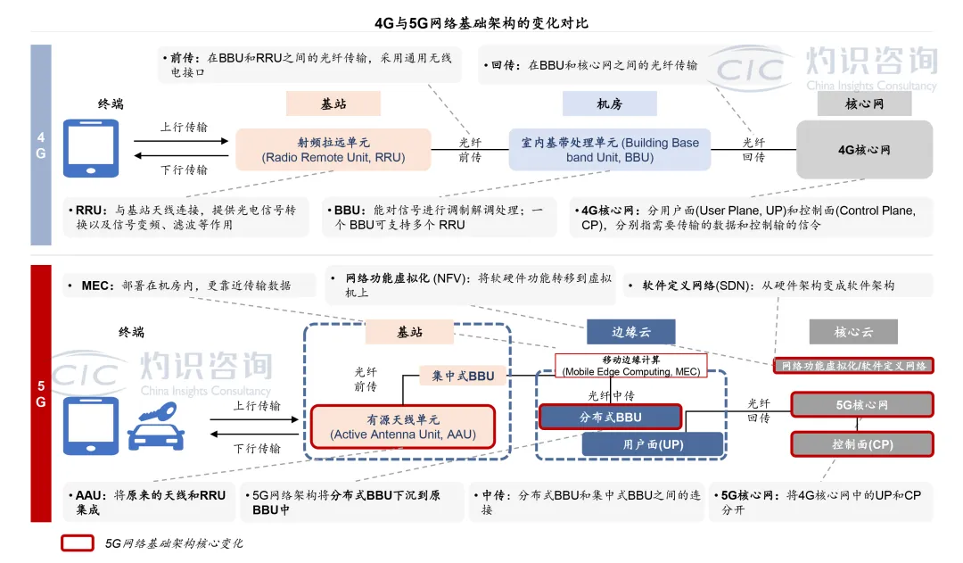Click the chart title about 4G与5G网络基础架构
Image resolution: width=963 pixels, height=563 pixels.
click(x=481, y=22)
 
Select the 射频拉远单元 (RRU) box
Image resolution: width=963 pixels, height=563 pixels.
click(x=333, y=150)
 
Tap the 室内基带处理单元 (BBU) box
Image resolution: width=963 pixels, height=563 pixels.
click(x=610, y=150)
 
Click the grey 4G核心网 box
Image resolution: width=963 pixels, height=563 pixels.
click(x=864, y=150)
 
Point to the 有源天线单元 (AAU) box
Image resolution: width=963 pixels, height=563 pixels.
click(x=402, y=427)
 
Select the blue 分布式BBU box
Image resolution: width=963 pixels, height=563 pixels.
click(x=610, y=417)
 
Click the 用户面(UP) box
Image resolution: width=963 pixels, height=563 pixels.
click(x=653, y=443)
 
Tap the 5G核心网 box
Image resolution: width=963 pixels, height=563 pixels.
click(x=862, y=405)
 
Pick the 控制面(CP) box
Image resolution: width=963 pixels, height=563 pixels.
click(x=862, y=444)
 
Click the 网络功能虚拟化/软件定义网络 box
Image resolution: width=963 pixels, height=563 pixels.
click(x=853, y=366)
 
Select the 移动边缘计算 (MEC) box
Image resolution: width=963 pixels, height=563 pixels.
click(x=631, y=365)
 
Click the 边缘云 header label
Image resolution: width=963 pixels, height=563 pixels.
click(x=631, y=332)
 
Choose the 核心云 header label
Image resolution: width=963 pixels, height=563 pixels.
click(x=853, y=332)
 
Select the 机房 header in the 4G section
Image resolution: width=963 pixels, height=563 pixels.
click(x=610, y=104)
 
